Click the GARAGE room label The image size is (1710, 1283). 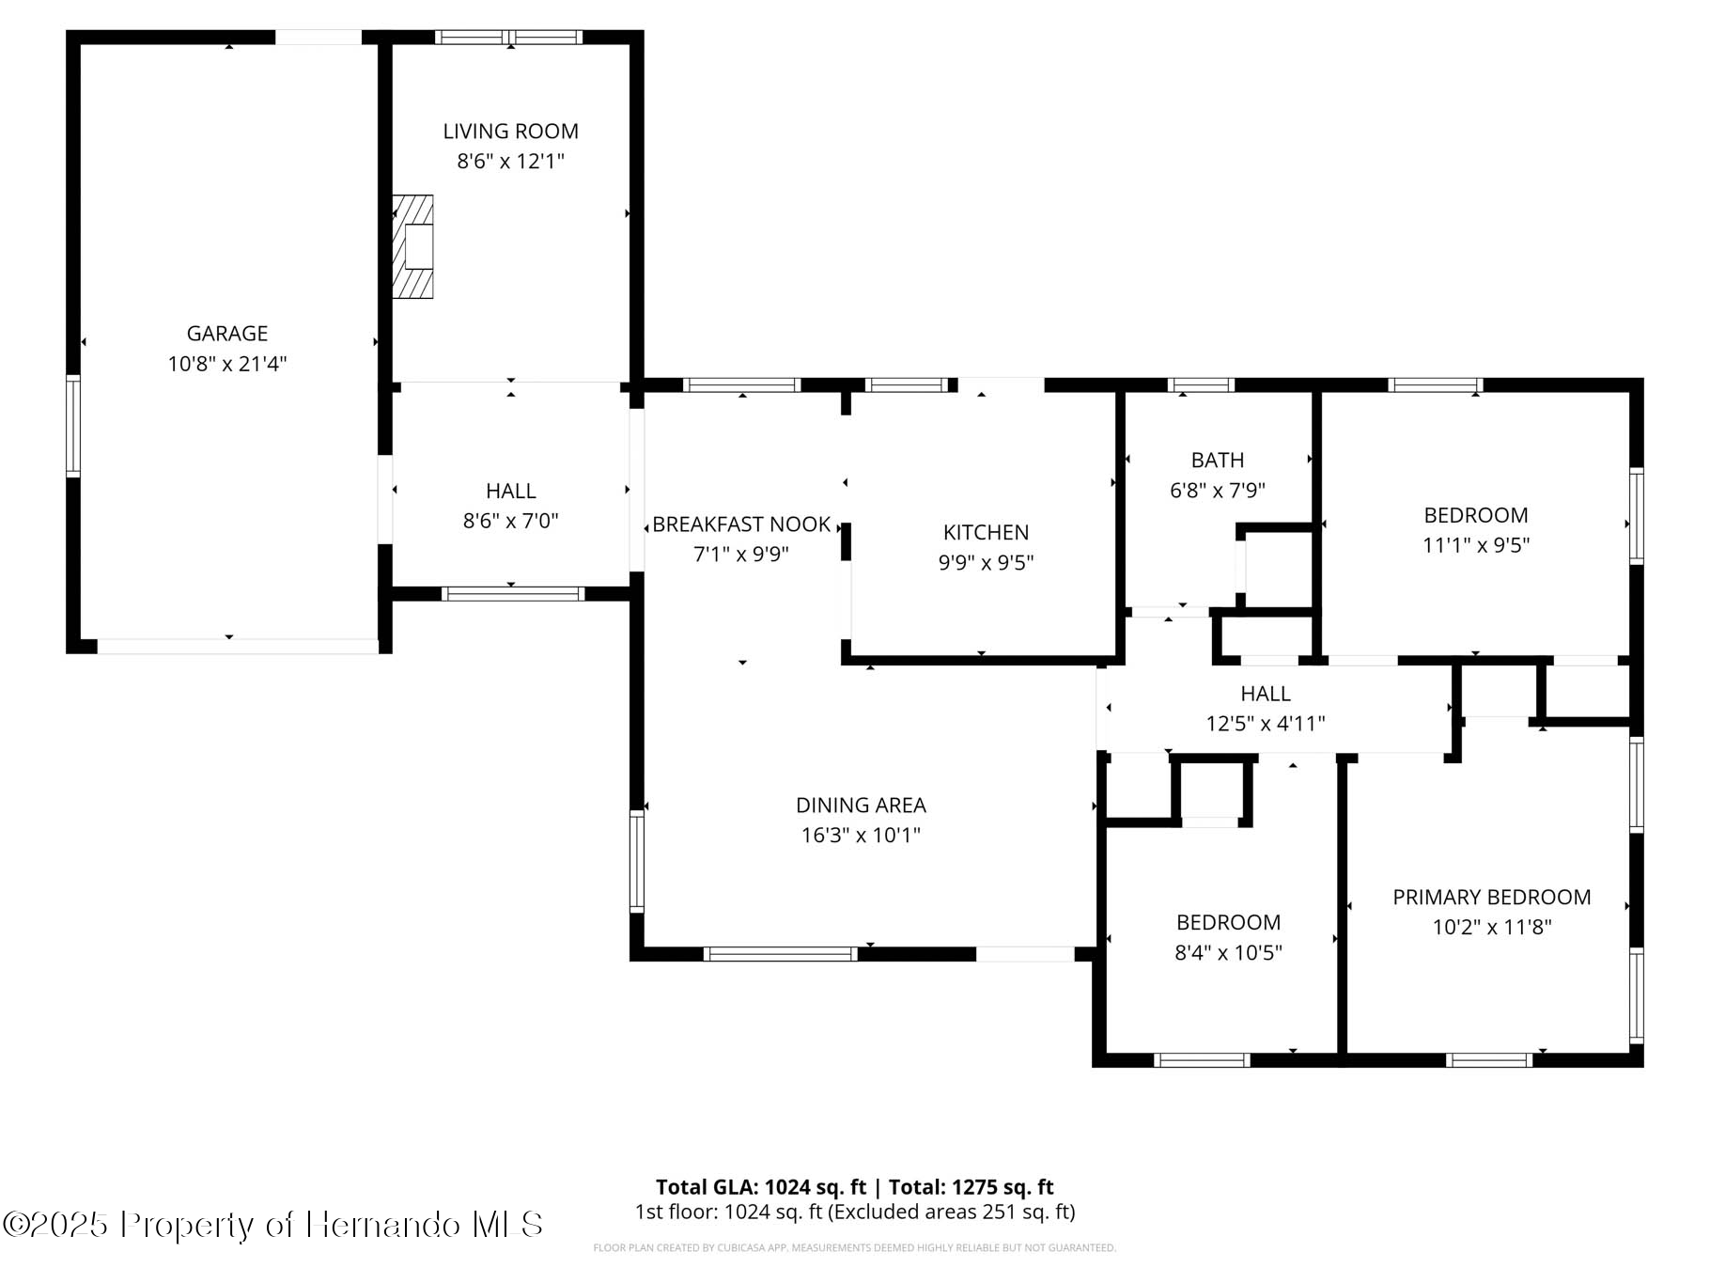tap(227, 334)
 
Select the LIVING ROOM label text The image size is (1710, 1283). tap(510, 132)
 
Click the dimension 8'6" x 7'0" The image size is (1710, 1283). tap(510, 521)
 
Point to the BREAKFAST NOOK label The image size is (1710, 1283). tap(741, 524)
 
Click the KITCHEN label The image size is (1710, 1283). tap(986, 533)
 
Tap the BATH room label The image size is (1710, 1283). tap(1217, 461)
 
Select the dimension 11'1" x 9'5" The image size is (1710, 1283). tap(1475, 545)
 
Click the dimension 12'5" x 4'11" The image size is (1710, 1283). tap(1265, 724)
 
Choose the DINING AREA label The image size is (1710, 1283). tap(861, 806)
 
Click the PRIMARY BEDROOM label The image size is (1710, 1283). tap(1491, 898)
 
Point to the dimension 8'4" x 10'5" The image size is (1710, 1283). tap(1228, 953)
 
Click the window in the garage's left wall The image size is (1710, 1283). tap(72, 426)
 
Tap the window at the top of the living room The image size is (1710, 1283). tap(509, 38)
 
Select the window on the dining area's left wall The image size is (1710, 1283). tap(637, 862)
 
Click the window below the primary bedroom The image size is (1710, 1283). tap(1488, 1060)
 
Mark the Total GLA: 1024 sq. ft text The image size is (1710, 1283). tap(761, 1187)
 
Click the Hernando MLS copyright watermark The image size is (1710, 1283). tap(272, 1225)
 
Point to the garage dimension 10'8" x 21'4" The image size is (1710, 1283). tap(227, 364)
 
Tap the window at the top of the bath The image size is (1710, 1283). tap(1200, 385)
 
